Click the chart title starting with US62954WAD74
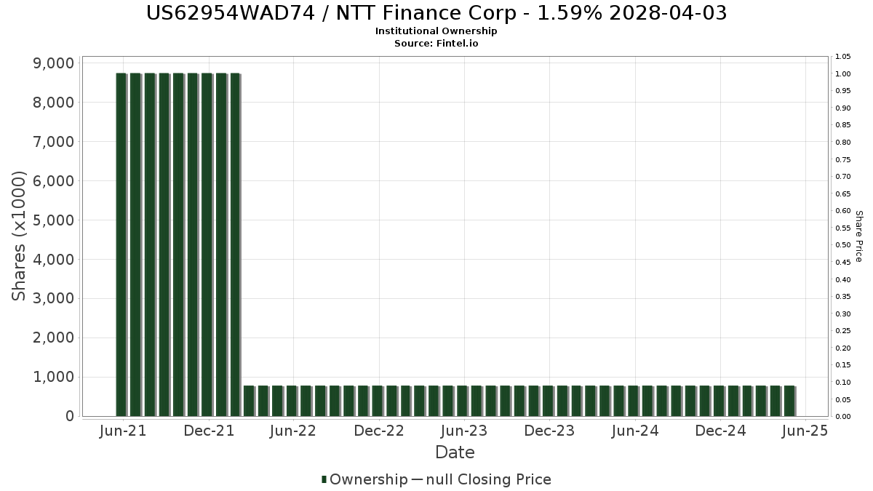tap(436, 13)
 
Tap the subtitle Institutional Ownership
tap(436, 31)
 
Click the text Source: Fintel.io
tap(436, 43)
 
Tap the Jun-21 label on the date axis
tap(123, 431)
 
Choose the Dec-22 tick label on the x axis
tap(379, 431)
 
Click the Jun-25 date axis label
tap(805, 431)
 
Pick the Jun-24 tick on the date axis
tap(635, 431)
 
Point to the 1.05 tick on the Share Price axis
tap(843, 57)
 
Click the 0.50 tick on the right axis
tap(843, 245)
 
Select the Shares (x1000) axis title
tap(19, 236)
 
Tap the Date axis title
tap(455, 452)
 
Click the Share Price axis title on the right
tap(858, 236)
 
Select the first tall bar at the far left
tap(121, 244)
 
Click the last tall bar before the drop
tap(235, 244)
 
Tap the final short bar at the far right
tap(789, 401)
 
